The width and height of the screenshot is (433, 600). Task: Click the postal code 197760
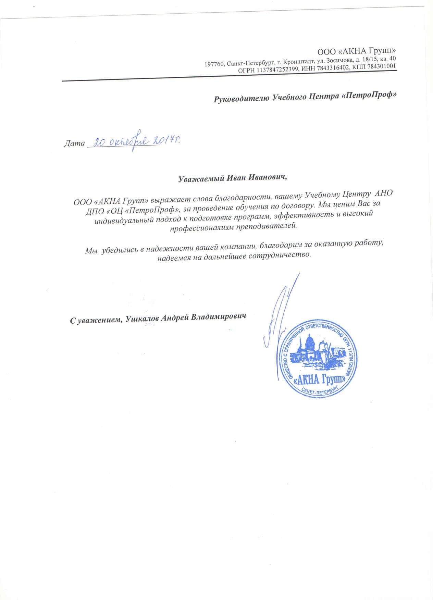tap(214, 64)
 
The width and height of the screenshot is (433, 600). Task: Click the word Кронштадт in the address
tap(299, 62)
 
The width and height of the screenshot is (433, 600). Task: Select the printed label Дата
tap(74, 143)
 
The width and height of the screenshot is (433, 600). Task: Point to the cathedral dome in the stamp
tap(310, 340)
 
